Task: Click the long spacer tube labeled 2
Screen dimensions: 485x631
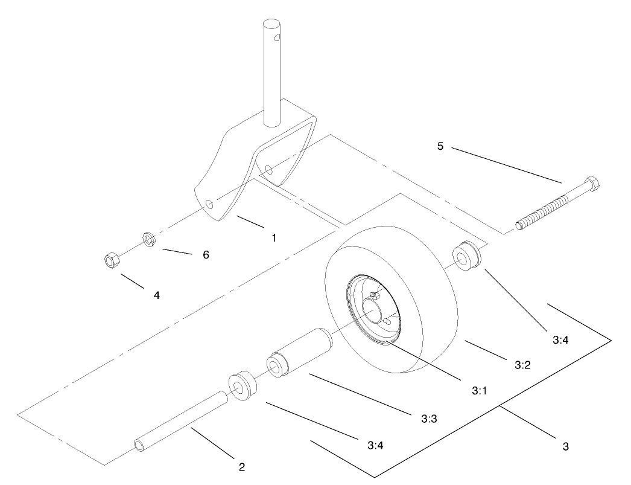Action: pyautogui.click(x=181, y=420)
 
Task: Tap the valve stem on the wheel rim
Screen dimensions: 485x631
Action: pyautogui.click(x=372, y=295)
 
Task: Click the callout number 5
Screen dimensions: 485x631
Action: pyautogui.click(x=440, y=147)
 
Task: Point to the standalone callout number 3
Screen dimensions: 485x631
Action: pyautogui.click(x=565, y=447)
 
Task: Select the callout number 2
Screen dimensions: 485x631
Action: pyautogui.click(x=241, y=466)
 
